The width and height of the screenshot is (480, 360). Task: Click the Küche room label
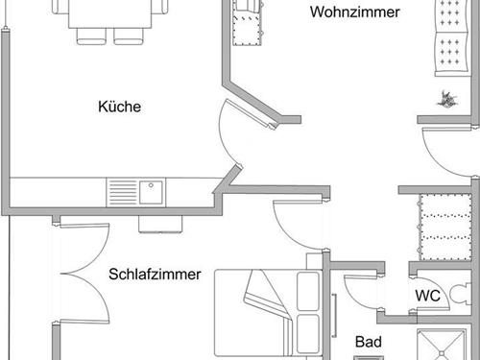click(x=120, y=107)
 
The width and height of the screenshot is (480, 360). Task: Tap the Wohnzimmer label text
click(x=354, y=12)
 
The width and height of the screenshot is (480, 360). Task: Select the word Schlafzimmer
click(x=155, y=274)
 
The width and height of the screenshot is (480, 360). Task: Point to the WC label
click(x=427, y=296)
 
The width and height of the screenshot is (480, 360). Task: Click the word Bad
click(x=369, y=342)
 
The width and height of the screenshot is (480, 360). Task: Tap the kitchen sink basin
click(x=151, y=191)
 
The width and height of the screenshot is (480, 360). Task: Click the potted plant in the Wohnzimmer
click(x=445, y=96)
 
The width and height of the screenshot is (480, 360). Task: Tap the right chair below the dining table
click(x=127, y=35)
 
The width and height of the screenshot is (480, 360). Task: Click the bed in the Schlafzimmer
click(x=270, y=312)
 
